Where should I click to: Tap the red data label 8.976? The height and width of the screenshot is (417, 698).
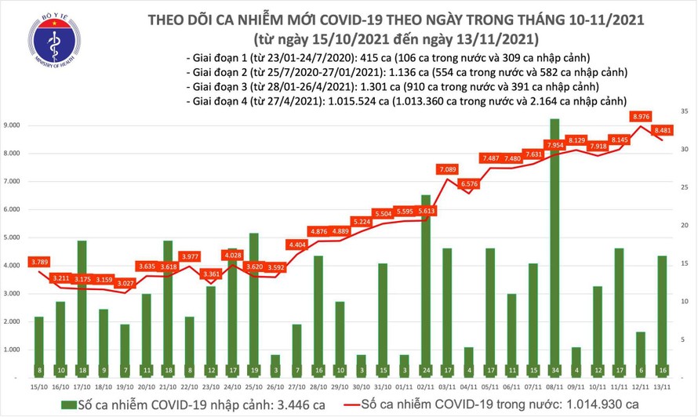(x=641, y=117)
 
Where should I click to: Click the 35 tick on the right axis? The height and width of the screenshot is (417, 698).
(x=685, y=112)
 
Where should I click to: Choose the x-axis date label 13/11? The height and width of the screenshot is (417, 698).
(x=663, y=386)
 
